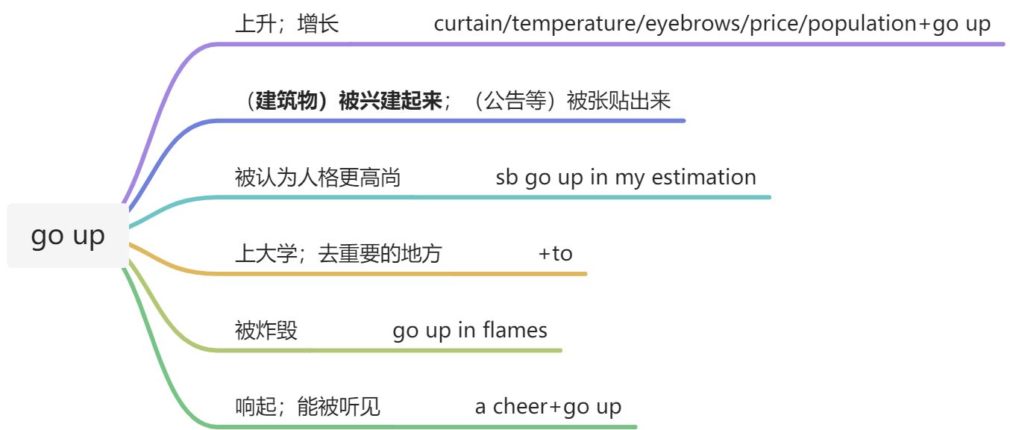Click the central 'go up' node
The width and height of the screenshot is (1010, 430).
pyautogui.click(x=68, y=235)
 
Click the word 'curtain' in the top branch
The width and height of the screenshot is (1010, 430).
pyautogui.click(x=462, y=24)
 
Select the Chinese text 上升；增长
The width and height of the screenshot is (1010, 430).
pyautogui.click(x=286, y=25)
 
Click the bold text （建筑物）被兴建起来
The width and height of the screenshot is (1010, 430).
pyautogui.click(x=339, y=101)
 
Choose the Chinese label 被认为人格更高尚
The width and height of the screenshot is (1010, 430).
pyautogui.click(x=318, y=178)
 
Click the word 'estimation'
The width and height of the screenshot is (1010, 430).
pyautogui.click(x=703, y=178)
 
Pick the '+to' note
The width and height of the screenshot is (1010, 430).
pyautogui.click(x=556, y=254)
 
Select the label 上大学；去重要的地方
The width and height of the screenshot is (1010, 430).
pyautogui.click(x=338, y=255)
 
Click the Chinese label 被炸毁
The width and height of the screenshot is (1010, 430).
pyautogui.click(x=266, y=331)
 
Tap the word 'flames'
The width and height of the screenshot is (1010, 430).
pyautogui.click(x=515, y=330)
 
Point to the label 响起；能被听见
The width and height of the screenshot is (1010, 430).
pyautogui.click(x=307, y=407)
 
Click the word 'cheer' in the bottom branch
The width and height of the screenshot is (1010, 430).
pyautogui.click(x=520, y=407)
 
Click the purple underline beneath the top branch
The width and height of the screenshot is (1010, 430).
pyautogui.click(x=597, y=44)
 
